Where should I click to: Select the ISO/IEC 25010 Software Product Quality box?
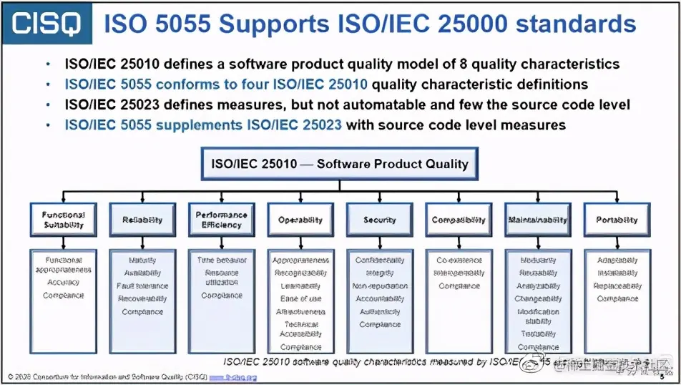pyautogui.click(x=340, y=164)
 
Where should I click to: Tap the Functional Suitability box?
pyautogui.click(x=63, y=220)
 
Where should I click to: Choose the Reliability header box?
pyautogui.click(x=142, y=220)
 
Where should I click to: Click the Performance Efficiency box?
pyautogui.click(x=221, y=220)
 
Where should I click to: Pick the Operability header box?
pyautogui.click(x=300, y=220)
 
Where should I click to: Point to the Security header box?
pyautogui.click(x=379, y=220)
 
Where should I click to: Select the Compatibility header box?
pyautogui.click(x=459, y=220)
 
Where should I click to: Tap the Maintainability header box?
pyautogui.click(x=538, y=220)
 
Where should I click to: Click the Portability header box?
pyautogui.click(x=617, y=220)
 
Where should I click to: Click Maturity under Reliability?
pyautogui.click(x=142, y=260)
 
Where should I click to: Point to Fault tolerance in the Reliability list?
pyautogui.click(x=142, y=286)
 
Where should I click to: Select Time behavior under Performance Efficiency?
pyautogui.click(x=221, y=260)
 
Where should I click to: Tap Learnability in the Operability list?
pyautogui.click(x=300, y=286)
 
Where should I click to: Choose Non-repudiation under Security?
pyautogui.click(x=380, y=286)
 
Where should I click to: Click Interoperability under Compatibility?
pyautogui.click(x=459, y=273)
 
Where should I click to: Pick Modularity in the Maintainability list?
pyautogui.click(x=538, y=260)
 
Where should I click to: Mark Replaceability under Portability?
pyautogui.click(x=617, y=286)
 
